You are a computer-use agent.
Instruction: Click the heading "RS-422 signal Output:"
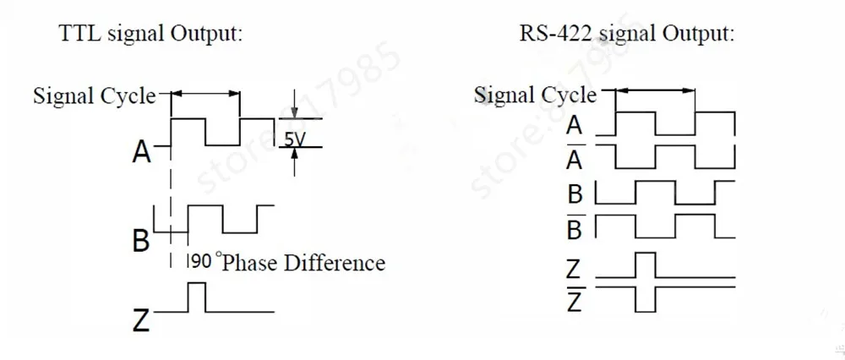(626, 35)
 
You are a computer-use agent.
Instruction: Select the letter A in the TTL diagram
(142, 152)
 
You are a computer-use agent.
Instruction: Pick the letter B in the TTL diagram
(141, 241)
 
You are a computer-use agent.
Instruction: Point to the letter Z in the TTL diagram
(142, 320)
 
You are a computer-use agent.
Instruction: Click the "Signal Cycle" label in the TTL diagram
(94, 95)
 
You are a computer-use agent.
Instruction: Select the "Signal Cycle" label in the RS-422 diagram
(535, 95)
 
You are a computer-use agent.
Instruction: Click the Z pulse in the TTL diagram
(196, 297)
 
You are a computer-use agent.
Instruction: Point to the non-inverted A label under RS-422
(575, 126)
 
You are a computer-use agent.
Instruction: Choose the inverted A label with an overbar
(575, 159)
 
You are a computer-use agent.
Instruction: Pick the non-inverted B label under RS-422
(575, 194)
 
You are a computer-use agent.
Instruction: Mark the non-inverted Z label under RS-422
(574, 270)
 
